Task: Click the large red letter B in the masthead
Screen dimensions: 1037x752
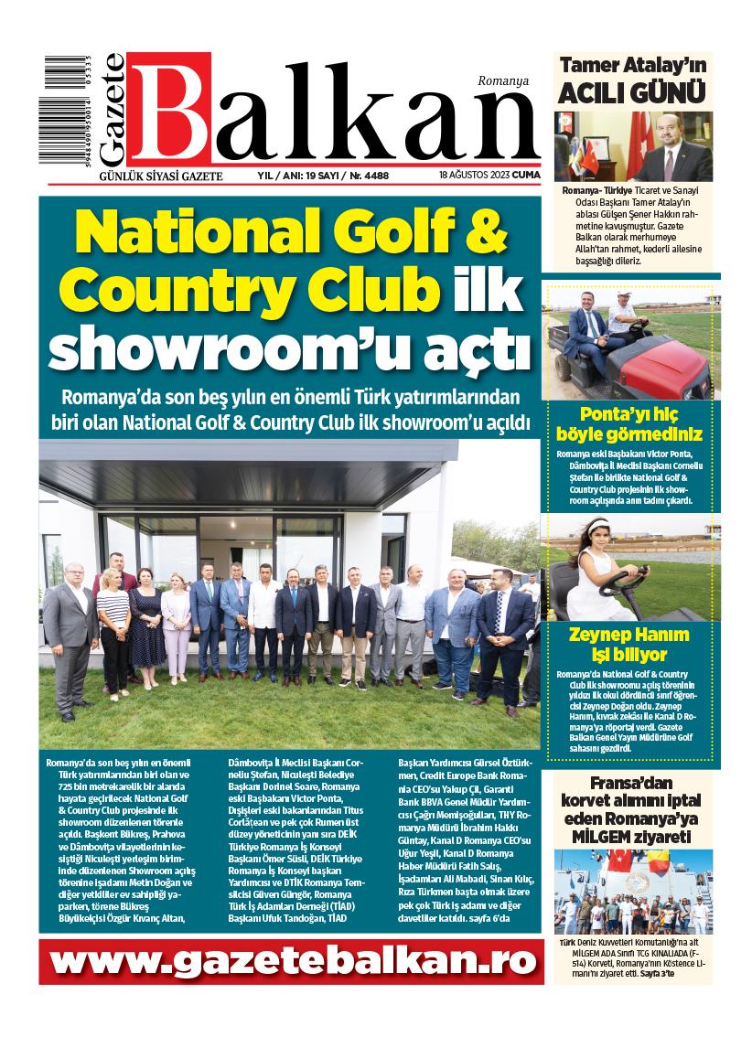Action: pos(171,107)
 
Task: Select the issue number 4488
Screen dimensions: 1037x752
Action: pos(380,174)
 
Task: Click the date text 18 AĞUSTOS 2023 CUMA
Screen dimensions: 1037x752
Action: pos(487,174)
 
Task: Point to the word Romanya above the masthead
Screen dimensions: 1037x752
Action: pos(503,81)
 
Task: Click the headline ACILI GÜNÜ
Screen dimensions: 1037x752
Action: pos(633,93)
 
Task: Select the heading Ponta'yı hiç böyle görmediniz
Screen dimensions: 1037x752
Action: pos(628,422)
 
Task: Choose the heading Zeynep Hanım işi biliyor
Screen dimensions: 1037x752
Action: pos(628,644)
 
